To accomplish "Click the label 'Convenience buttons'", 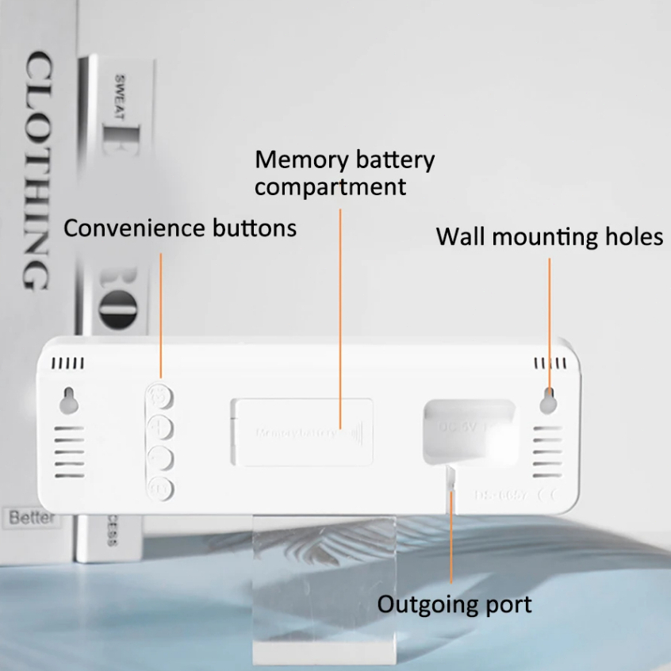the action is coord(180,228).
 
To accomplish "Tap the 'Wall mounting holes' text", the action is coord(549,236).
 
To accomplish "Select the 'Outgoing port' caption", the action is coord(454,604).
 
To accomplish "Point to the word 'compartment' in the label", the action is coord(330,188).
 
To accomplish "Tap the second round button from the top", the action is coord(161,428).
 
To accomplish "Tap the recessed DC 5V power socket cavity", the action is coord(468,428).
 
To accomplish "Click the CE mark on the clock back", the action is coord(546,496).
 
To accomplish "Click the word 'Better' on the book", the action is coord(33,518).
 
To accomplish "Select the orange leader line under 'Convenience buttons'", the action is coord(161,317).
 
